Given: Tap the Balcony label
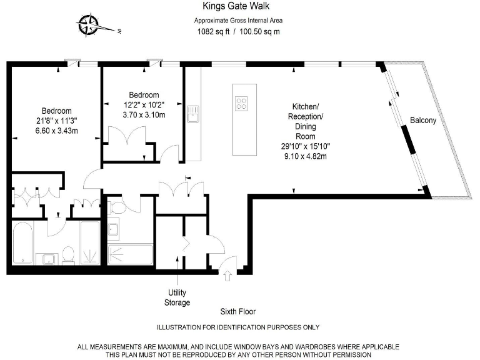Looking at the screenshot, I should (422, 120).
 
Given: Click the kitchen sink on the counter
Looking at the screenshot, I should (192, 113).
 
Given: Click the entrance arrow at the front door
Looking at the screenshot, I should (226, 273).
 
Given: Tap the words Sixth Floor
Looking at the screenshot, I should (237, 311).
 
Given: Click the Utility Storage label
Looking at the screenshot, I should (177, 297).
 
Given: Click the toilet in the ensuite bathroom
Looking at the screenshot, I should (69, 254).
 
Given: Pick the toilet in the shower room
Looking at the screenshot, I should (116, 206).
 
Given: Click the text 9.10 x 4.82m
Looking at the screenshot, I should (306, 156).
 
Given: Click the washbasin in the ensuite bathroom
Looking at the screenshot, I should (47, 257).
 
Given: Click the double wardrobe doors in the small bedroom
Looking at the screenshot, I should (127, 136).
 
